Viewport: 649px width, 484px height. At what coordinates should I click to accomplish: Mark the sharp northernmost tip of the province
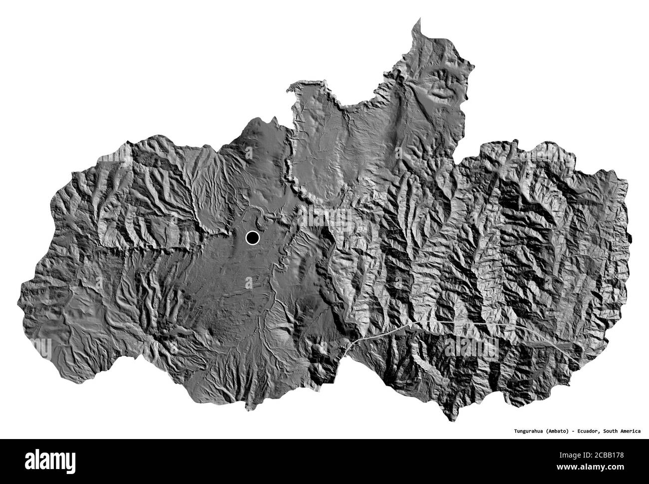419,18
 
